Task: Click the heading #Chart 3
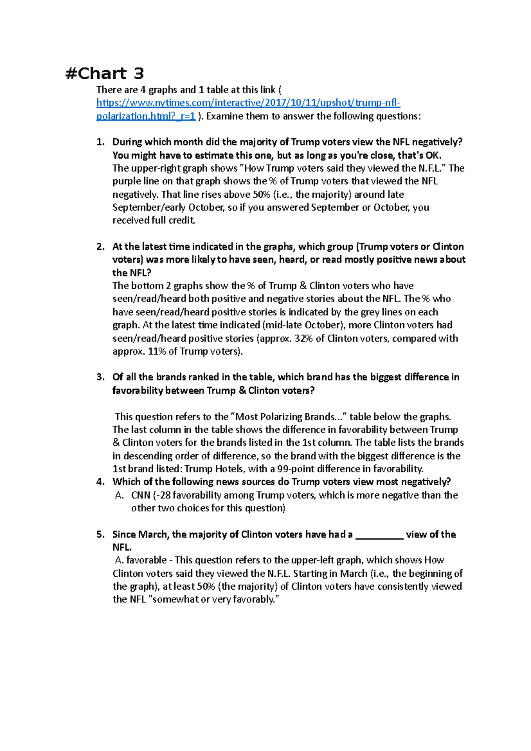pos(104,73)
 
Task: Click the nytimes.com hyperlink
pos(248,103)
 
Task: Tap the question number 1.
pos(100,142)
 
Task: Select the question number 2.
pos(100,247)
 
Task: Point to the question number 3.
pos(100,377)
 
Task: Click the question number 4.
pos(100,482)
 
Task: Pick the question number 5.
pos(100,534)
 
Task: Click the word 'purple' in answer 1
pos(126,181)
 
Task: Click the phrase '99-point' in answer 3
pos(296,469)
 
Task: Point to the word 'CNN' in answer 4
pos(141,495)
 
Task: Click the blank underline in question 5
pos(379,535)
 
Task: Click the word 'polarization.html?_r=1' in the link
pos(146,116)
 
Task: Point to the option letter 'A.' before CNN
pos(119,495)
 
